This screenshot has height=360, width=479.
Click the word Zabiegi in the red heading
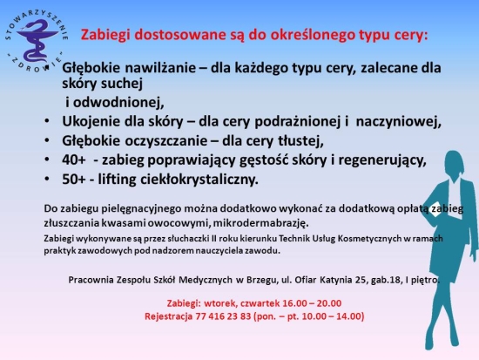click(108, 36)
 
